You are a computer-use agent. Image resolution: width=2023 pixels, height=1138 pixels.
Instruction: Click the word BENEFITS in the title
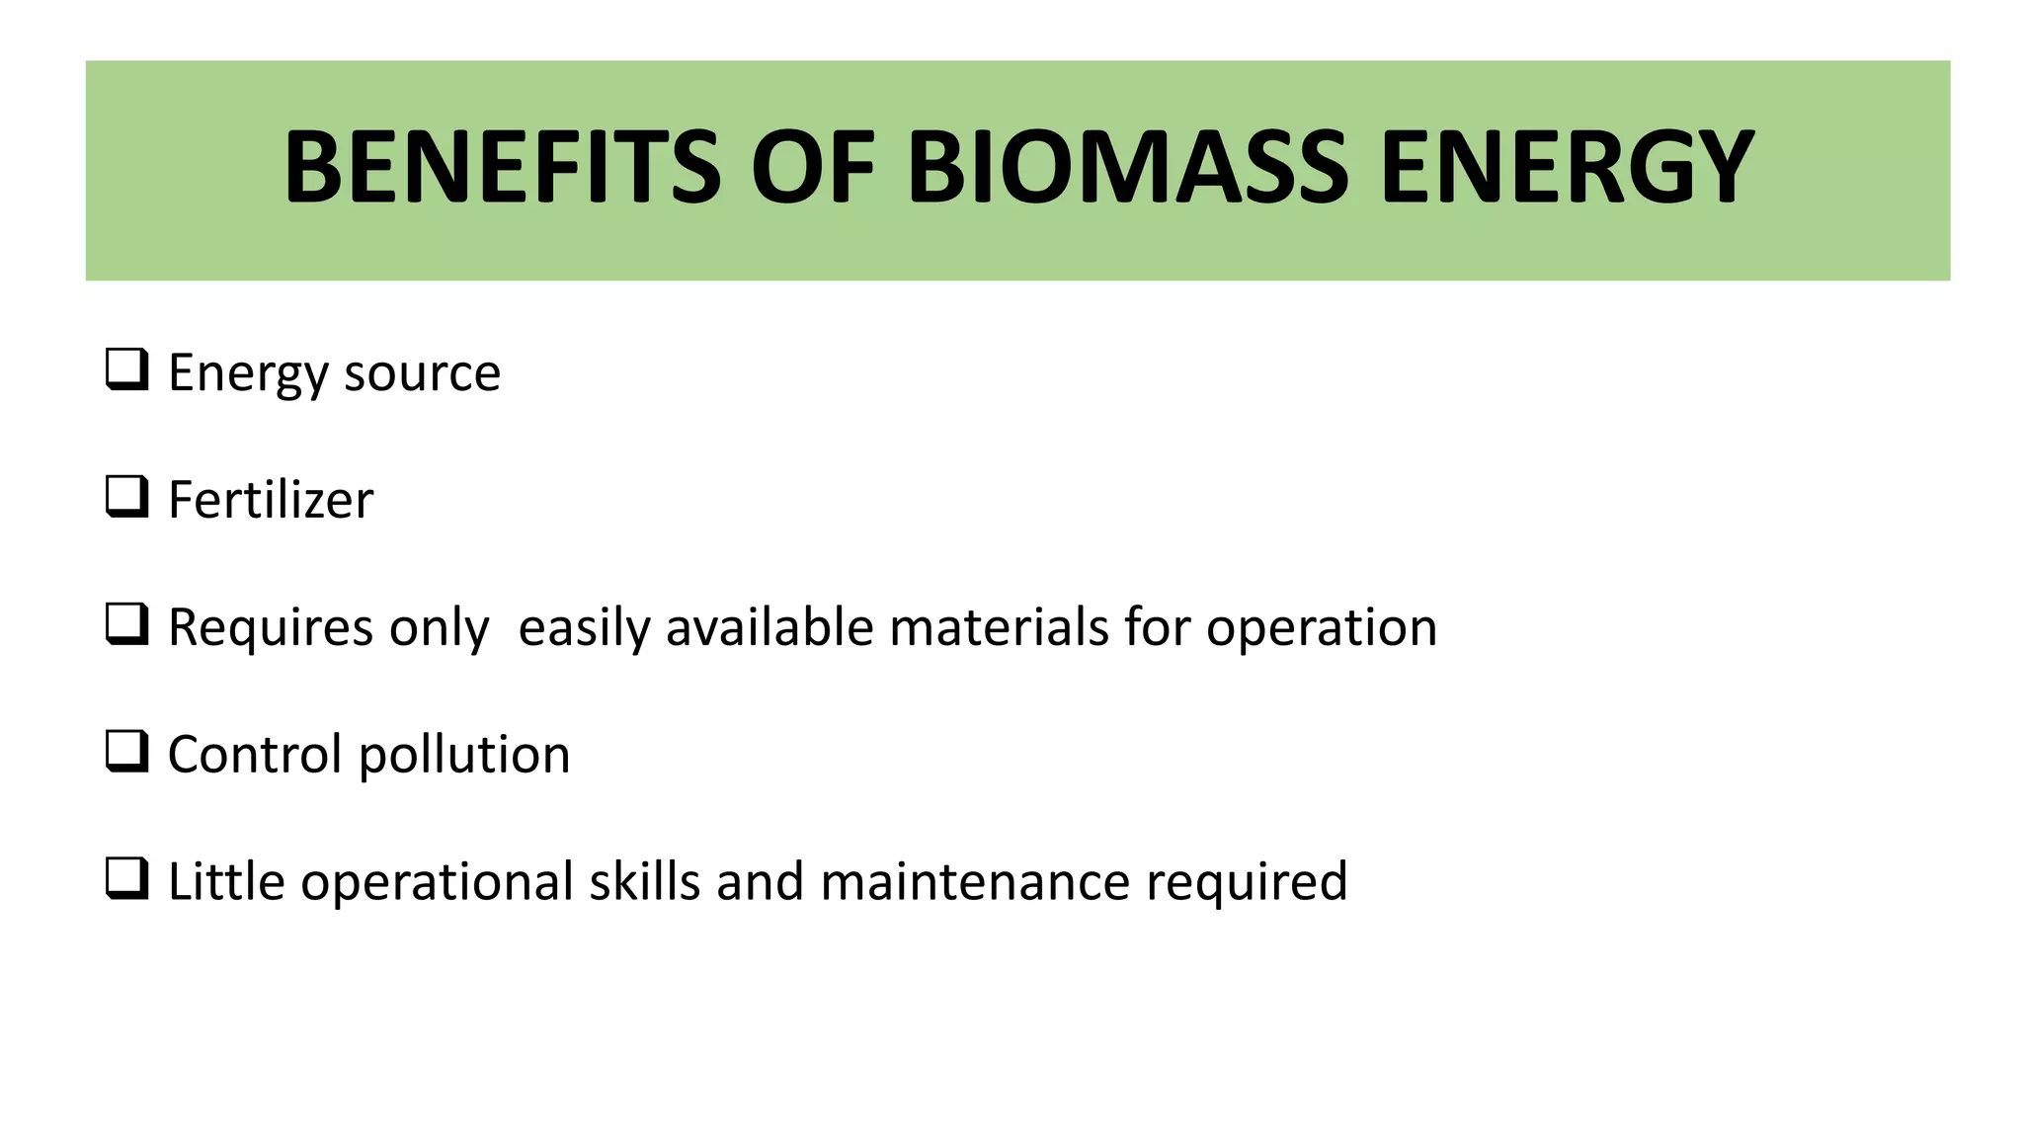[503, 168]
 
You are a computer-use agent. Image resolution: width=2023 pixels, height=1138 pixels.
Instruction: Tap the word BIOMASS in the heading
[1127, 168]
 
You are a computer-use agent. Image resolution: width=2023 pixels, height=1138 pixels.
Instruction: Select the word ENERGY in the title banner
[1567, 168]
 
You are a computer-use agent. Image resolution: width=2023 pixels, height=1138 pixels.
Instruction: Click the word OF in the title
[813, 168]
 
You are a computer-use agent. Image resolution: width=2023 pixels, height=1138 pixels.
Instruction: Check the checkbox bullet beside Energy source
[127, 370]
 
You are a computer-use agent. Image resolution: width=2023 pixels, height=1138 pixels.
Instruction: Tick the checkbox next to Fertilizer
[127, 497]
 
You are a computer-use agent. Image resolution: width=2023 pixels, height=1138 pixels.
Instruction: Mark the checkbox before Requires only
[127, 624]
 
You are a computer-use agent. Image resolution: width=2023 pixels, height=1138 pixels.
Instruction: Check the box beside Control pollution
[127, 752]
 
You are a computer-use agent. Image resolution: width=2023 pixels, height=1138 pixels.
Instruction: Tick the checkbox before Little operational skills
[127, 879]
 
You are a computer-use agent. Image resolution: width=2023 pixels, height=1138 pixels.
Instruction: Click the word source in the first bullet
[422, 373]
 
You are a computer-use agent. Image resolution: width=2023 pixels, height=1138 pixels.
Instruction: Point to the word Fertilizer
[271, 500]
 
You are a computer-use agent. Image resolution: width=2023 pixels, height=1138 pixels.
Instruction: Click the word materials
[999, 627]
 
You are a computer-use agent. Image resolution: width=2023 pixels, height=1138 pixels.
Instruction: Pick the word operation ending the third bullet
[1321, 629]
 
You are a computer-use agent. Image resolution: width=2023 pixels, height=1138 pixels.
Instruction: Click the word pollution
[464, 756]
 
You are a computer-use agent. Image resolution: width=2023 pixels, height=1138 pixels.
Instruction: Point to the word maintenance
[974, 882]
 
